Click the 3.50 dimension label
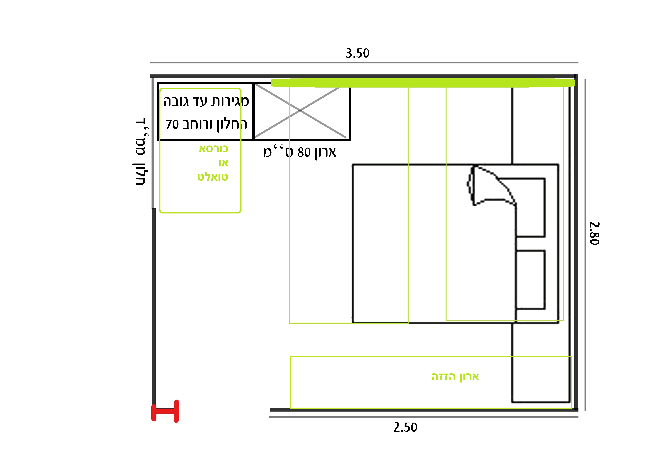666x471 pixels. pyautogui.click(x=357, y=53)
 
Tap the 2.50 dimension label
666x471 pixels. pyautogui.click(x=405, y=427)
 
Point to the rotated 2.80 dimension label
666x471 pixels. pyautogui.click(x=594, y=234)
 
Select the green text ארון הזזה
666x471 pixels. pyautogui.click(x=455, y=377)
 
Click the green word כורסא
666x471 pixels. pyautogui.click(x=214, y=149)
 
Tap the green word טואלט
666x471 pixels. pyautogui.click(x=213, y=177)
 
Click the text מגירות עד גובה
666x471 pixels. pyautogui.click(x=206, y=101)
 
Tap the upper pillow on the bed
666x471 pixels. pyautogui.click(x=530, y=208)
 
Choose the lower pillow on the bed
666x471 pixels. pyautogui.click(x=530, y=280)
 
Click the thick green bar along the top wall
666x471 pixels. pyautogui.click(x=423, y=83)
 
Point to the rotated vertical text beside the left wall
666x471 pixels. pyautogui.click(x=141, y=152)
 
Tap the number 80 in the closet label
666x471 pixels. pyautogui.click(x=304, y=152)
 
